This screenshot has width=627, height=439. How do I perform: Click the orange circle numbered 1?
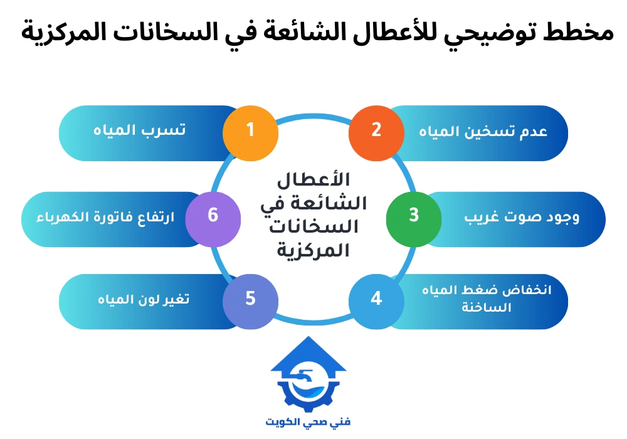[x=250, y=131]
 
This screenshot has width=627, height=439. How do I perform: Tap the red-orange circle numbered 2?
[x=376, y=131]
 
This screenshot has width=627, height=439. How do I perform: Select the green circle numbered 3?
[x=413, y=216]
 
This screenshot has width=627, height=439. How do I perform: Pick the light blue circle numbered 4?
[x=376, y=299]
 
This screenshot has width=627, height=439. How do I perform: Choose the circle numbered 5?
[x=250, y=299]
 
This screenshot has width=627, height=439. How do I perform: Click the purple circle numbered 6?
[x=213, y=216]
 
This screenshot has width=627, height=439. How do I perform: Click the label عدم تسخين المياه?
[x=483, y=132]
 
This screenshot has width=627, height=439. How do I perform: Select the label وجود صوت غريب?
[x=522, y=217]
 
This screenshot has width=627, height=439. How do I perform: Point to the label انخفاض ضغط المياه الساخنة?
[x=484, y=300]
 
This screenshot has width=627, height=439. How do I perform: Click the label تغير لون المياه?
[x=144, y=300]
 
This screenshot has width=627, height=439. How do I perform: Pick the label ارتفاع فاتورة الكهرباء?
[x=98, y=218]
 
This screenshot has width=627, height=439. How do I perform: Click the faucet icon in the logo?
[x=306, y=379]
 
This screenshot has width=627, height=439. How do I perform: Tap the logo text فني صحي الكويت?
[x=308, y=421]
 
